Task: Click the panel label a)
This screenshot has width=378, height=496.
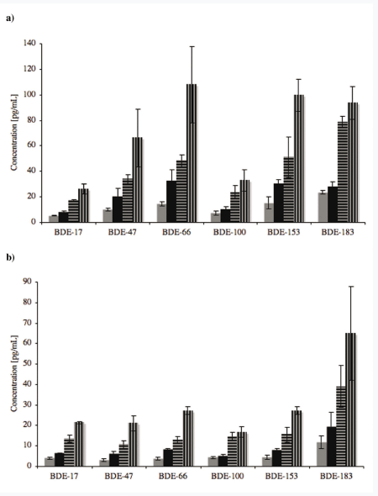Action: coord(10,18)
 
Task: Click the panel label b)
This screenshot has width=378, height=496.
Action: coord(10,257)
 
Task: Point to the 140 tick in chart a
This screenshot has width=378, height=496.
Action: coord(29,44)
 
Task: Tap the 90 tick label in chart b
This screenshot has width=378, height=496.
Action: coord(28,282)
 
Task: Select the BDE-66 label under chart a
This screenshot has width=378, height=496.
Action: coord(176,232)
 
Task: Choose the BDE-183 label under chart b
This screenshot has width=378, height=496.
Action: coord(336,476)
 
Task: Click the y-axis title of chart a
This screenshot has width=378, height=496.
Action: coord(14,133)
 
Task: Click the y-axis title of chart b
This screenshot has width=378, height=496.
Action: coord(14,373)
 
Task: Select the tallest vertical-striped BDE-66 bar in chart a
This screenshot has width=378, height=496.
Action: coord(192,153)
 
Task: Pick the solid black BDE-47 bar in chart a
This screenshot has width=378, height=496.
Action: coord(118,209)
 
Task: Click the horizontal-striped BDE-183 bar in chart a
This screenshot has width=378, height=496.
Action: coord(343,171)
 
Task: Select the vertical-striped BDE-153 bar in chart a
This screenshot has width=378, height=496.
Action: coord(299,159)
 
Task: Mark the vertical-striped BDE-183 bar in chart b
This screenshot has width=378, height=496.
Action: coord(350,399)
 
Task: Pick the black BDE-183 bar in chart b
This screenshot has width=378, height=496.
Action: coord(332,446)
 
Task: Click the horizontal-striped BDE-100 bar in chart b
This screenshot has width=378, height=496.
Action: coord(233,451)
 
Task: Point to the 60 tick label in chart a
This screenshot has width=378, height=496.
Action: coord(30,145)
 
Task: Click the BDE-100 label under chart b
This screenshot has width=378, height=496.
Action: coord(228,476)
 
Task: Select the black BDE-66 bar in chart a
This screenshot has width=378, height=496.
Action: coord(171,202)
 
